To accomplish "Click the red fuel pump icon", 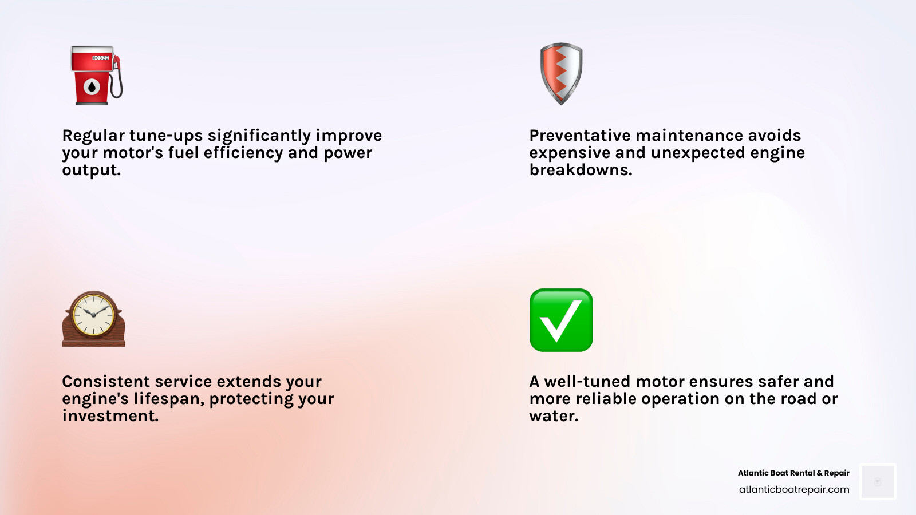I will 93,76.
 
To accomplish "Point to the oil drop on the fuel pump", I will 92,87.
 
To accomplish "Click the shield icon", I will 561,73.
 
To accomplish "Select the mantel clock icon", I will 93,319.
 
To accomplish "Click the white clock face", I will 93,314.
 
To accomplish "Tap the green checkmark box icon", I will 561,320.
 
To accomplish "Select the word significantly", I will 259,136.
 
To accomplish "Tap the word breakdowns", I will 581,170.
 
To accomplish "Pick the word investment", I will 110,416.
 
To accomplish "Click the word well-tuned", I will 587,382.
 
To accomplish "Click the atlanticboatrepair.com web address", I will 793,489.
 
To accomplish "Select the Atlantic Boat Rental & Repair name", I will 793,473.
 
